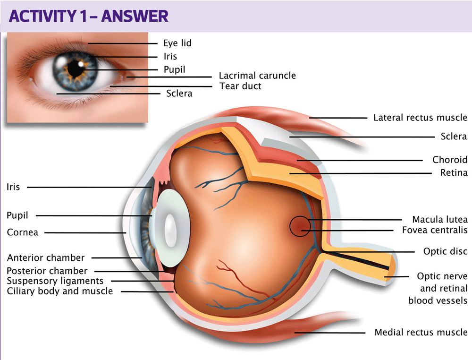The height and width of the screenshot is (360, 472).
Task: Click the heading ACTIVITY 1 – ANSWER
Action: click(x=88, y=16)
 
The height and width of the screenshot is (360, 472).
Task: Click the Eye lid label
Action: click(x=177, y=43)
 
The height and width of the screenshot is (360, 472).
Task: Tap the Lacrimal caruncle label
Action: click(x=257, y=76)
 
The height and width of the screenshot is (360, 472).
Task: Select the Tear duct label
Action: click(x=240, y=86)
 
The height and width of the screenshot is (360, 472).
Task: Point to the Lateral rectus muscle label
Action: click(x=420, y=118)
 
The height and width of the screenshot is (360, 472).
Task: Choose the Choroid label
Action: click(x=450, y=160)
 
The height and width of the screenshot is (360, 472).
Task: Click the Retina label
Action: click(x=454, y=173)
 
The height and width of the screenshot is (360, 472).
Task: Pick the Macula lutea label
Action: click(x=439, y=220)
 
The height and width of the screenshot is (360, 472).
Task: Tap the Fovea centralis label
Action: click(x=434, y=231)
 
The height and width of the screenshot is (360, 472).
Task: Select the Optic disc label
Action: click(x=445, y=251)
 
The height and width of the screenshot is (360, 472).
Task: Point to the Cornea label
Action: click(x=23, y=232)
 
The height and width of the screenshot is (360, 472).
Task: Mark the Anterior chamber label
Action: click(x=46, y=258)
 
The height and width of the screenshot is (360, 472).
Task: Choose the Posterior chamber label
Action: click(x=47, y=271)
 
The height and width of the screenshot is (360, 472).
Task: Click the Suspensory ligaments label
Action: click(x=55, y=281)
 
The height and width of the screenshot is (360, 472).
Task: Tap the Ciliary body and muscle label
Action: click(x=60, y=291)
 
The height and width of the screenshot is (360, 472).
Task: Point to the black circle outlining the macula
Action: click(x=289, y=226)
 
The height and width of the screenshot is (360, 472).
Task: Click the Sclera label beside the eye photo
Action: click(x=179, y=94)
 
